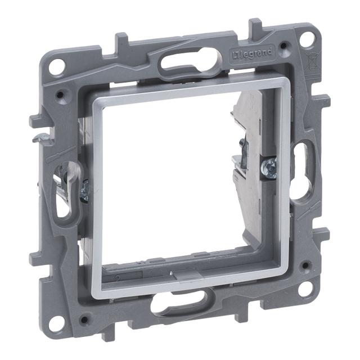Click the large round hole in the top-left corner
[56, 66]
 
